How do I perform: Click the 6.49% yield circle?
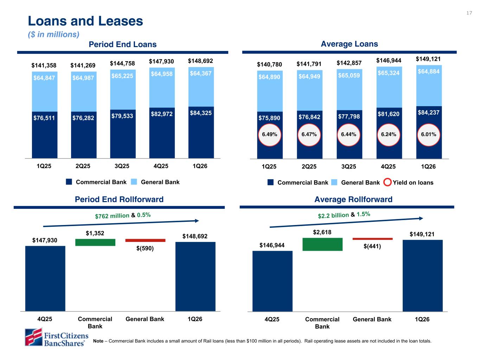270,134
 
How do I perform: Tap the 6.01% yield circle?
429,134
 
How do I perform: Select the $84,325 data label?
200,113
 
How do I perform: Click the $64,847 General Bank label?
44,78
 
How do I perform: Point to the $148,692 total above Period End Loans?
200,61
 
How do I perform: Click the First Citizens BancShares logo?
56,337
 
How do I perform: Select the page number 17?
469,13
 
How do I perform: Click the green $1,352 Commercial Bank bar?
95,242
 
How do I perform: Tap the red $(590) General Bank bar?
145,240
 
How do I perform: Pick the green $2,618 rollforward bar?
322,244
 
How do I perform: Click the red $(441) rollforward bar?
372,239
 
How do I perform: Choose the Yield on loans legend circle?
387,182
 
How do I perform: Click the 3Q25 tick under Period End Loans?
122,166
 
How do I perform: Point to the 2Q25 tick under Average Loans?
309,167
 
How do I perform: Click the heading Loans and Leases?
85,21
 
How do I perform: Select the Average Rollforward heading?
353,199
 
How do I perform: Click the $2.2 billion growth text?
333,215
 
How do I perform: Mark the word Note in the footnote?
98,341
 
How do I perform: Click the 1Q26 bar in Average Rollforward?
422,276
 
